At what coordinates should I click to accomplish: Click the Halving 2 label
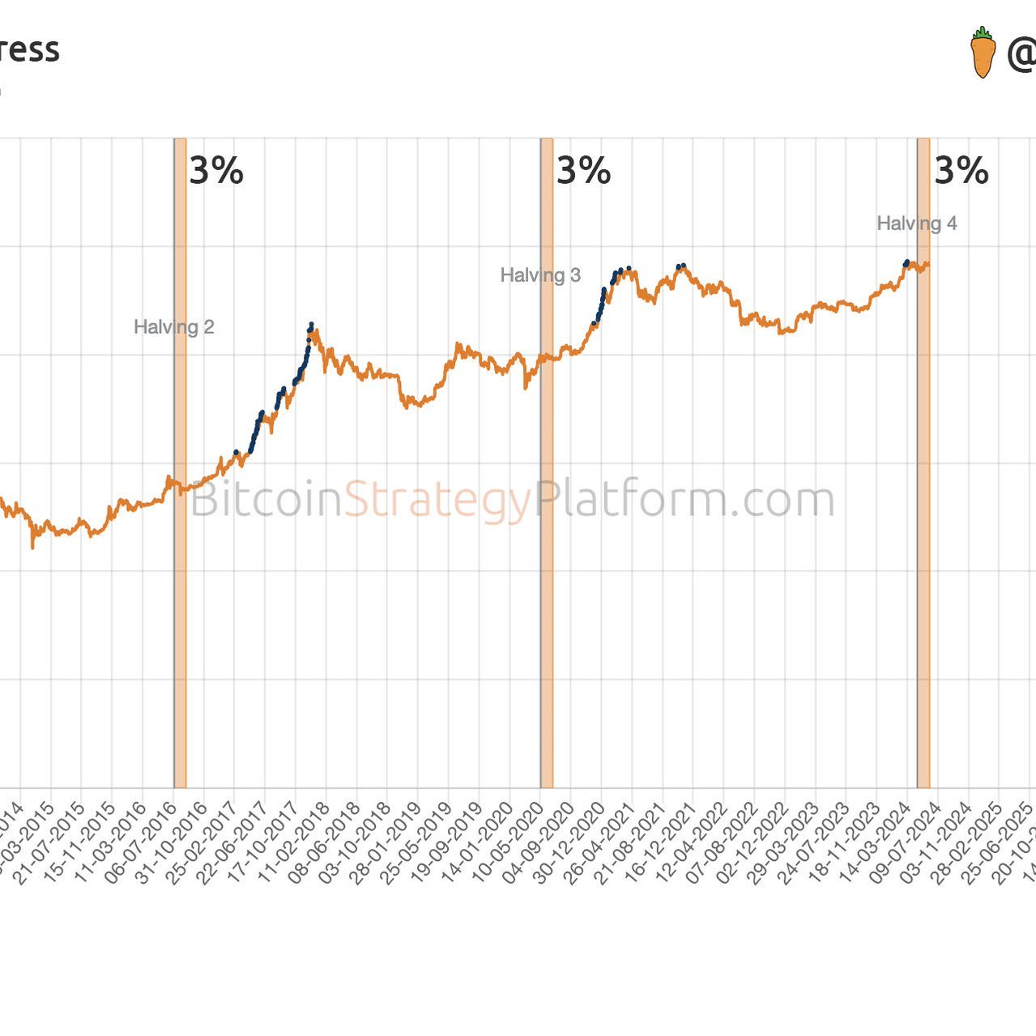[173, 327]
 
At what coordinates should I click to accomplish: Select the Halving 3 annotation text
[540, 275]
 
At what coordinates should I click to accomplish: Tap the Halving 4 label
[917, 224]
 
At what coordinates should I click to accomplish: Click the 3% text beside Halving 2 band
[216, 170]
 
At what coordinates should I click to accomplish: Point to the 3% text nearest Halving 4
[961, 170]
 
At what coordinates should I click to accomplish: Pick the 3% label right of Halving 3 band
[583, 170]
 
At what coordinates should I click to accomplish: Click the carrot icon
[983, 53]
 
